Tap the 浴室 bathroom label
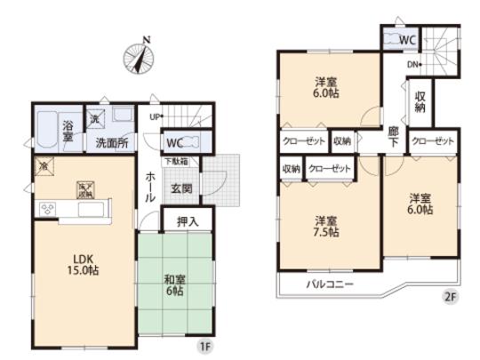pyautogui.click(x=68, y=133)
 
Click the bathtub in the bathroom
pyautogui.click(x=47, y=132)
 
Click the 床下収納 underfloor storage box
pyautogui.click(x=85, y=189)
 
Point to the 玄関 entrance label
pyautogui.click(x=182, y=188)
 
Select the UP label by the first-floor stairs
pyautogui.click(x=155, y=116)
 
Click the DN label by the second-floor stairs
pyautogui.click(x=414, y=64)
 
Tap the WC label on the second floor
pyautogui.click(x=406, y=39)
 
